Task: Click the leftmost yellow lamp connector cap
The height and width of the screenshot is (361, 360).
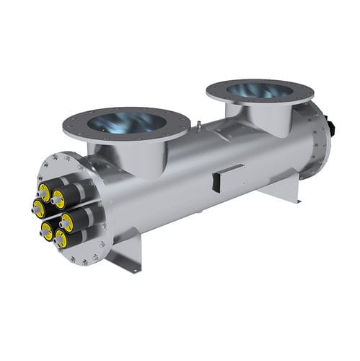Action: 38,209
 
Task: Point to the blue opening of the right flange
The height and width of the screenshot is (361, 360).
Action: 259,90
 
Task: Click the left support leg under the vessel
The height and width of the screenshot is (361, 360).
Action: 128,249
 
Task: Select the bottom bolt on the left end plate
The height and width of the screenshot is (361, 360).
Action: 84,261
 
